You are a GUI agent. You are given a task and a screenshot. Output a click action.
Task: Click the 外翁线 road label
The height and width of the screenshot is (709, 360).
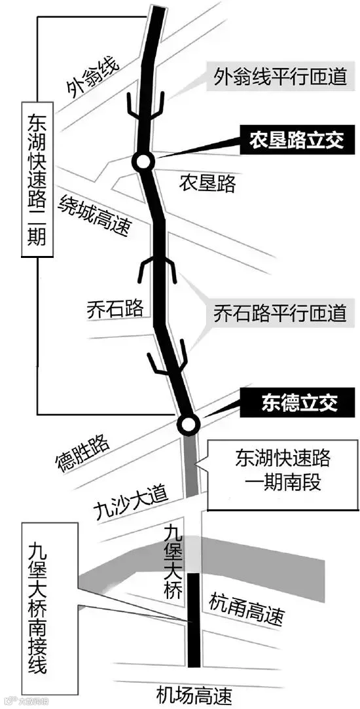[x=92, y=79]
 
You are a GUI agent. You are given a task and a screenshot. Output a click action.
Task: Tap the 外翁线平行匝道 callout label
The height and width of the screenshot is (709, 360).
[x=280, y=77]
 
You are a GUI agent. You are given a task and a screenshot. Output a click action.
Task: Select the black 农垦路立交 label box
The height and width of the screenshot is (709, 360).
[x=297, y=139]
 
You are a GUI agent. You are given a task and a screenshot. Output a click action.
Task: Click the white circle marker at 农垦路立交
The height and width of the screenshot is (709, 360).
[x=143, y=162]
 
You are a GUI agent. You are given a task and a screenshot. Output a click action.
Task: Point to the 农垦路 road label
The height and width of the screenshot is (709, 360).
[x=207, y=183]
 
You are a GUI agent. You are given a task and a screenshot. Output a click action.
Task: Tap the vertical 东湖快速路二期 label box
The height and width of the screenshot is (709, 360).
[x=37, y=180]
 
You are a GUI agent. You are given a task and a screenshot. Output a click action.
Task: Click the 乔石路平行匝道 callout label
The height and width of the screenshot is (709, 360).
[x=280, y=312]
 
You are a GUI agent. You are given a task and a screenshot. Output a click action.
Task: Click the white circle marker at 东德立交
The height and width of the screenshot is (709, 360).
[x=188, y=424]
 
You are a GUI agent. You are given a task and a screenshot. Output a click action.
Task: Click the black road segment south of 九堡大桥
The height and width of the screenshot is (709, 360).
[x=194, y=619]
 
